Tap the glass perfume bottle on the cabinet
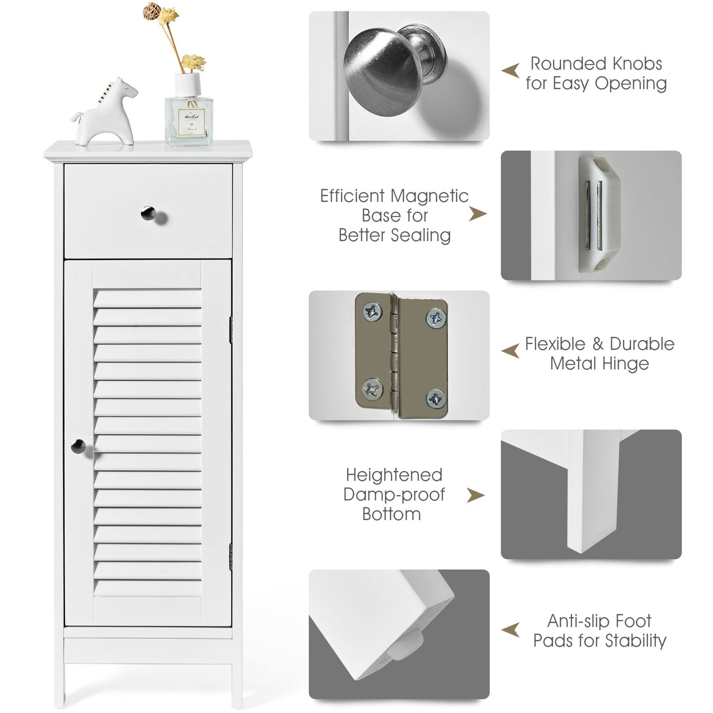[x=189, y=120]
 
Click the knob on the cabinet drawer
[x=148, y=213]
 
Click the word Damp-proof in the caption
[x=394, y=494]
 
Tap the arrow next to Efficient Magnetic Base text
[x=478, y=214]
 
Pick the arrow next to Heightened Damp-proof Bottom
[x=475, y=495]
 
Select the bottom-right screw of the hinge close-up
[x=436, y=398]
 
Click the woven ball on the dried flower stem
[x=152, y=11]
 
